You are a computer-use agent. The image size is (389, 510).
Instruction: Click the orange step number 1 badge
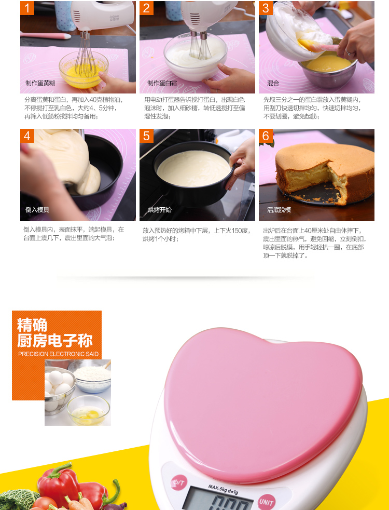pyautogui.click(x=27, y=8)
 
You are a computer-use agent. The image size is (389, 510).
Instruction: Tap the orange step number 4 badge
pyautogui.click(x=27, y=136)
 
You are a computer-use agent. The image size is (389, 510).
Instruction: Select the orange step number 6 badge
pyautogui.click(x=266, y=136)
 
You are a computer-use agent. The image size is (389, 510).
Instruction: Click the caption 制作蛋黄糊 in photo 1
pyautogui.click(x=40, y=83)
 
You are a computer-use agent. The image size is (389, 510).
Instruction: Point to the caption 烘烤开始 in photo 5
pyautogui.click(x=160, y=210)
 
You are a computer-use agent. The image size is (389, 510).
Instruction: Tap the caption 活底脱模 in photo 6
pyautogui.click(x=279, y=210)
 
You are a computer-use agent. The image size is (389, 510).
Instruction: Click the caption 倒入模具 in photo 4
pyautogui.click(x=37, y=210)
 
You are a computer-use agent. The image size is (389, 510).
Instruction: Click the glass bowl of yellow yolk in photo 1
pyautogui.click(x=84, y=69)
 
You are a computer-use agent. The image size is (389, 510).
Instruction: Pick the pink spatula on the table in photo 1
pyautogui.click(x=46, y=35)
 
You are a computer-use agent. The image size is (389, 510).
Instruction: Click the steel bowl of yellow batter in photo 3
pyautogui.click(x=327, y=70)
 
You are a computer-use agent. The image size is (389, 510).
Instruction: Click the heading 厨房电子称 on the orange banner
pyautogui.click(x=55, y=340)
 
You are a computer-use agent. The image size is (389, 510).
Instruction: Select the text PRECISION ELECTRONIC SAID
pyautogui.click(x=59, y=354)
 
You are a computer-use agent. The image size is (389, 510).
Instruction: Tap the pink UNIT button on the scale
pyautogui.click(x=267, y=502)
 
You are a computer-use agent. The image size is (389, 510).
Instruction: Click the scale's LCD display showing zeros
pyautogui.click(x=218, y=500)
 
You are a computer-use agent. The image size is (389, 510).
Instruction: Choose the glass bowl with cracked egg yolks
pyautogui.click(x=88, y=410)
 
